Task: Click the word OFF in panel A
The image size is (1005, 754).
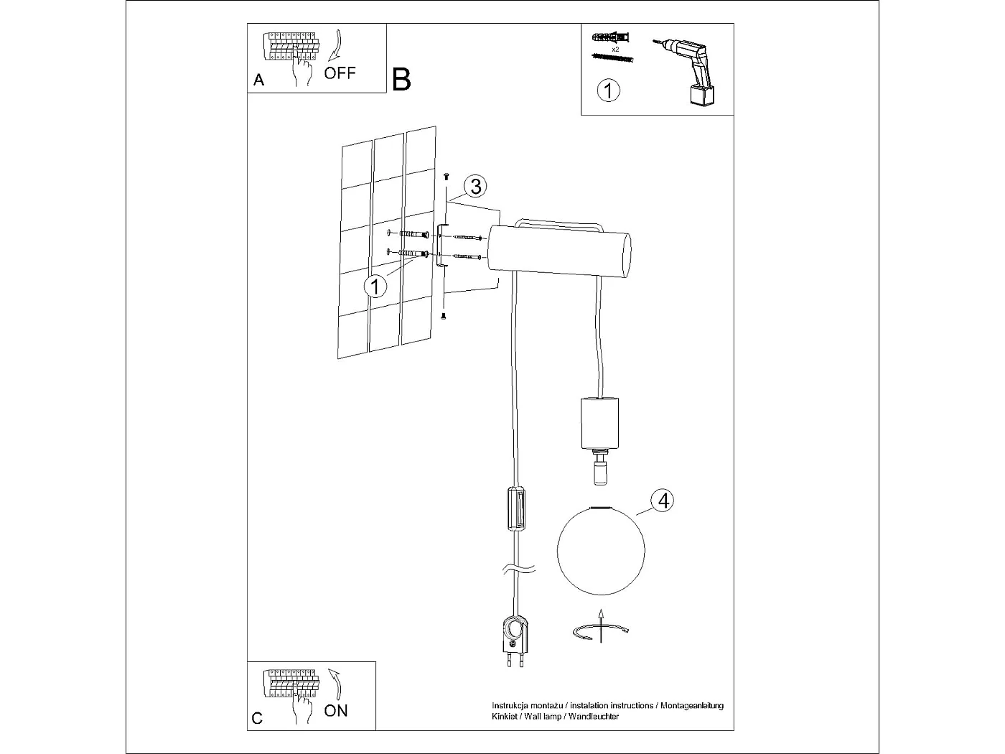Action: [340, 73]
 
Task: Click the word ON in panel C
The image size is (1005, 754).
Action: [336, 710]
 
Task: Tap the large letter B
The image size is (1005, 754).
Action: [401, 79]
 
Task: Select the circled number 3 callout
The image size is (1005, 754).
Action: [475, 186]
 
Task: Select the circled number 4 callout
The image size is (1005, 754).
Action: [663, 500]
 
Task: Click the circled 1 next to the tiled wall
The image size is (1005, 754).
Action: [375, 286]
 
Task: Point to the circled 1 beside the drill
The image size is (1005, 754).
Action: [608, 91]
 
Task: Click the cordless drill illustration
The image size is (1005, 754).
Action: [691, 72]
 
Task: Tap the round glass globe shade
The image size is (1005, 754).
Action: [602, 550]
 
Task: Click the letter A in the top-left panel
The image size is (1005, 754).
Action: [259, 80]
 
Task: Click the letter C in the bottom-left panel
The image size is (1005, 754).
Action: [258, 718]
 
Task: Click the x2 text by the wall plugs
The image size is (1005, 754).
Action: [615, 49]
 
